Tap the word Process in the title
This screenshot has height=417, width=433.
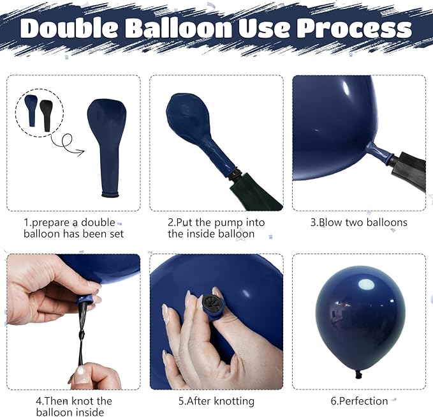[x=354, y=29]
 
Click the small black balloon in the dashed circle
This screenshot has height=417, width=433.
[x=46, y=116]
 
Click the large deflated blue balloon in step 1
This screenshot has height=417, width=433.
[x=107, y=148]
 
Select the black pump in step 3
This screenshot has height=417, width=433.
[x=407, y=171]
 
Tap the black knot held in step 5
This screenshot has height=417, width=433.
[x=210, y=302]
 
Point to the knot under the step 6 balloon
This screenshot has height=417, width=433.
[x=358, y=375]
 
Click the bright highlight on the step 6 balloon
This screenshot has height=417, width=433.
[x=366, y=285]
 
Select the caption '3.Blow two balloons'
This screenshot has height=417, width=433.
[x=359, y=222]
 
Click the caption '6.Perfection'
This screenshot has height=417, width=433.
[x=359, y=401]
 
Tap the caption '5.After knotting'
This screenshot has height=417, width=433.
[x=216, y=401]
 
